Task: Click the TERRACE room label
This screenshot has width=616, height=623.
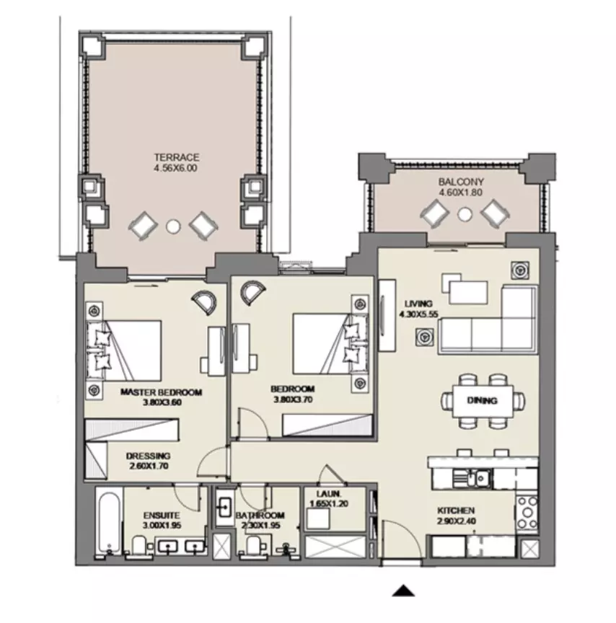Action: tap(177, 157)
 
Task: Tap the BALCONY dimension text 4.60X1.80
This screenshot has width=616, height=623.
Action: tap(461, 193)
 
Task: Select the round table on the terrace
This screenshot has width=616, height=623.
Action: tap(173, 226)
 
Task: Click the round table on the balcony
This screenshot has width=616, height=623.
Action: tap(465, 215)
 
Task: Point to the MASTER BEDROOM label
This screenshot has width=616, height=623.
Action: tap(161, 392)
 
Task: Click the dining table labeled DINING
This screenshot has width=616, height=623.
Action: tap(482, 401)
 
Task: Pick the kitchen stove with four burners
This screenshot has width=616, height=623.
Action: tap(527, 513)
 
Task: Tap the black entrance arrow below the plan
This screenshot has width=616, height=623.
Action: tap(403, 591)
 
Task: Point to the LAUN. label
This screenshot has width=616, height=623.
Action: tap(329, 494)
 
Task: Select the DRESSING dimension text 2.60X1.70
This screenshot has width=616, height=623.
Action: tap(149, 466)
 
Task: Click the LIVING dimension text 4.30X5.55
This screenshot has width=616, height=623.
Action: tap(418, 314)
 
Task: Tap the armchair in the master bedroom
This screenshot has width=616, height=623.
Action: tap(205, 303)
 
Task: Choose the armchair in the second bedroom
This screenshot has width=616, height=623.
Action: tap(252, 293)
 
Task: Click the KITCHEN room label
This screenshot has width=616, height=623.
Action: tap(456, 511)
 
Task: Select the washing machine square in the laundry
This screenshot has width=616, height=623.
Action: tap(318, 519)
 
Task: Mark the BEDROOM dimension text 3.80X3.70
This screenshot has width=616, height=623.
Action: tap(293, 399)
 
